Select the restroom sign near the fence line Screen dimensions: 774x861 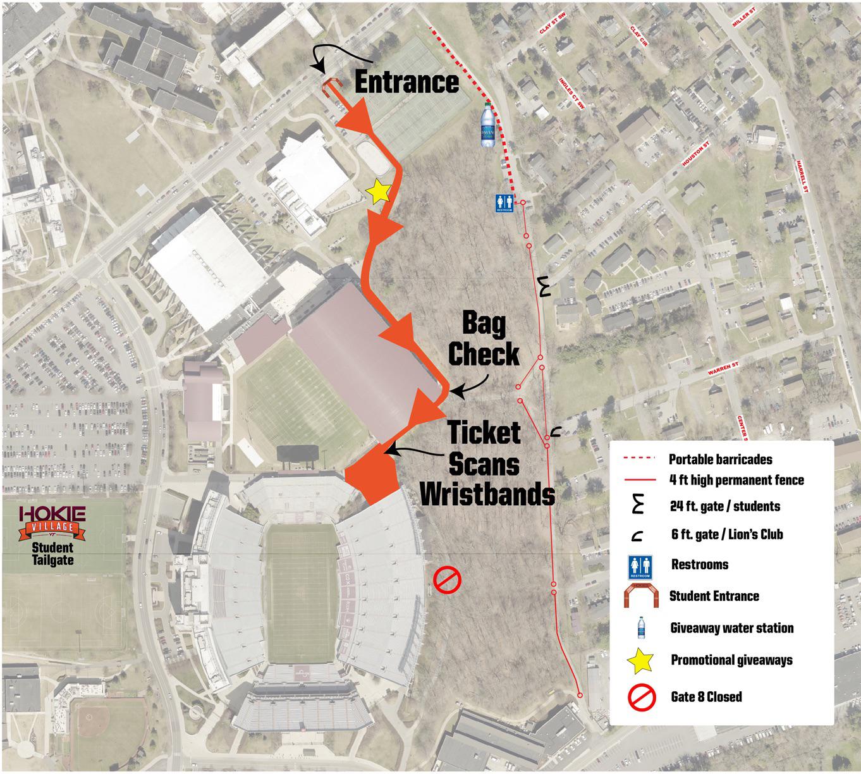[504, 204]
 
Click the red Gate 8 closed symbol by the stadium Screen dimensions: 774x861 [447, 579]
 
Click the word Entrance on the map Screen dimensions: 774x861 [406, 82]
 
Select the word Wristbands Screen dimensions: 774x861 [487, 493]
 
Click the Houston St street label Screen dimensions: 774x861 [697, 154]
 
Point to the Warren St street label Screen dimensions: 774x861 [723, 369]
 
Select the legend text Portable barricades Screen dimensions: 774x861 [721, 459]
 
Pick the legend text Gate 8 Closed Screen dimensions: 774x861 [706, 697]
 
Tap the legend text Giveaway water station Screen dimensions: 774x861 [732, 628]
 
